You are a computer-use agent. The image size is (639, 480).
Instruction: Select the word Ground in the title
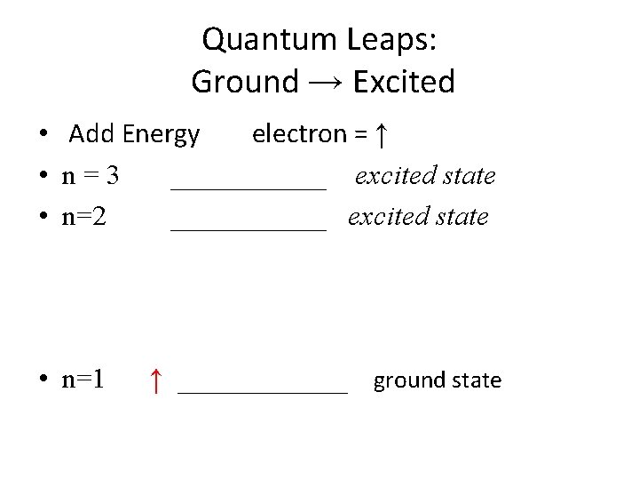[x=245, y=82]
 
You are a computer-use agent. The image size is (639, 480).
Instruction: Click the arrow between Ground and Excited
[x=326, y=83]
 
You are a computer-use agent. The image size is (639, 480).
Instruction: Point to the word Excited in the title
[x=404, y=82]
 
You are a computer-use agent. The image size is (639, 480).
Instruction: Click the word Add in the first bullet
[x=92, y=134]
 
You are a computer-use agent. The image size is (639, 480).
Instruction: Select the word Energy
[x=162, y=135]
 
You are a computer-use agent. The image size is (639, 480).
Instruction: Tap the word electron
[x=299, y=134]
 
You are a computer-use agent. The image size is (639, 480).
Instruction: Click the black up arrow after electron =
[x=380, y=135]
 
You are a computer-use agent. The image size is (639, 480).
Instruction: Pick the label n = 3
[x=91, y=176]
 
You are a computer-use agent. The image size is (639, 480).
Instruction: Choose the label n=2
[x=84, y=217]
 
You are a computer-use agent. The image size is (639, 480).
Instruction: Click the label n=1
[x=83, y=380]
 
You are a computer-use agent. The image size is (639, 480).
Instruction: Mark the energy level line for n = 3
[x=248, y=188]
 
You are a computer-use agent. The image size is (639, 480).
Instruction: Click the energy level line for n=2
[x=248, y=229]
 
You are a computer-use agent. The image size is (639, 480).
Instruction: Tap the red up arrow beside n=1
[x=155, y=380]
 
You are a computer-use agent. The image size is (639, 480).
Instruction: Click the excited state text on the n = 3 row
[x=425, y=176]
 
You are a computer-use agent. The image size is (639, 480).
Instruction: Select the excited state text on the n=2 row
[x=418, y=217]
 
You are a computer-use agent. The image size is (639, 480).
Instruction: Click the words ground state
[x=437, y=380]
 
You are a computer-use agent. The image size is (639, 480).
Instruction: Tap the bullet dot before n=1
[x=43, y=381]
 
